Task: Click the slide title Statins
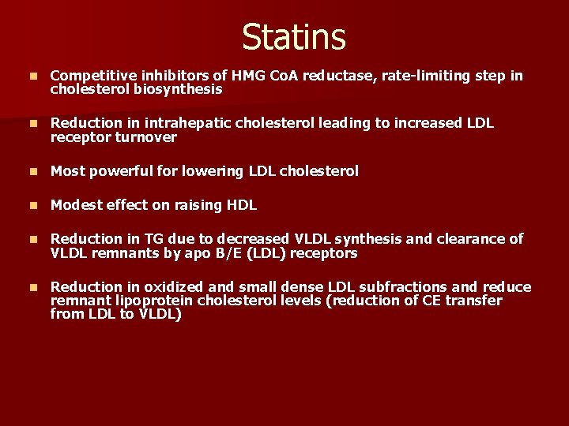[294, 37]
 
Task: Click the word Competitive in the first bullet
[90, 76]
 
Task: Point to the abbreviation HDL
[241, 205]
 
